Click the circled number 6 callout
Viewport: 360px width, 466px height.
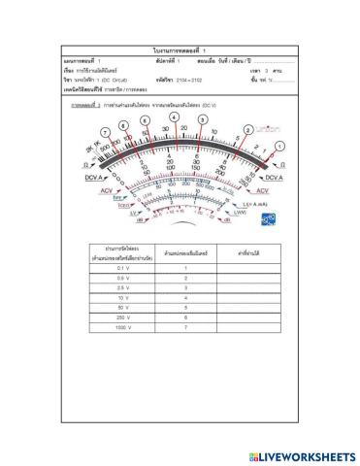144,120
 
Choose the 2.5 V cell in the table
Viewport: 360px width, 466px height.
122,286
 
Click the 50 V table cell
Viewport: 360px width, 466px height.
122,308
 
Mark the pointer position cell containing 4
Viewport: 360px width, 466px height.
184,297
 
